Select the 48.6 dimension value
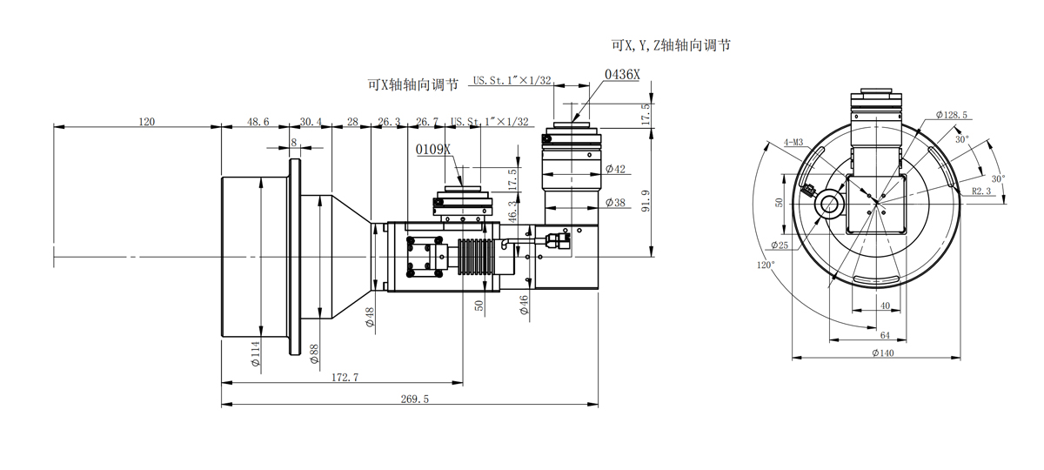coord(258,122)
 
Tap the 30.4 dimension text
coord(311,122)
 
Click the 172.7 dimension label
coord(345,377)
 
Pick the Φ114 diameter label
coord(256,352)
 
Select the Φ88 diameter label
coord(313,352)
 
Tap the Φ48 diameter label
coord(370,317)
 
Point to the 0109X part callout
coord(433,150)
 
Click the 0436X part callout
coord(622,75)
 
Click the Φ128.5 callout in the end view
coord(952,115)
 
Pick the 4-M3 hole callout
coord(793,142)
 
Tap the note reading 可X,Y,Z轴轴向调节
coord(670,44)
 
